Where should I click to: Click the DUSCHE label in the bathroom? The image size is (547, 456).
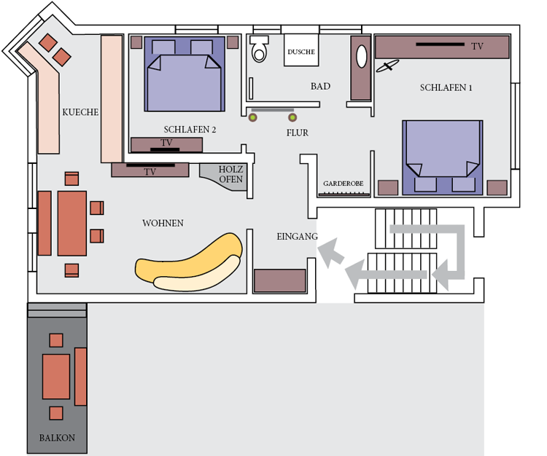click(301, 52)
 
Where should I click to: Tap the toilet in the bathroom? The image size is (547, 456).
click(259, 49)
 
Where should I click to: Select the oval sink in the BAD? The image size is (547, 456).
click(362, 56)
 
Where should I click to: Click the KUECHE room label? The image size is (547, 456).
click(80, 112)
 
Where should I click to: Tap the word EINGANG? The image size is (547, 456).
click(298, 237)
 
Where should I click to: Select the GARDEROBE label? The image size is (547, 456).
click(344, 184)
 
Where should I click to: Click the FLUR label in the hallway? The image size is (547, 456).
click(298, 133)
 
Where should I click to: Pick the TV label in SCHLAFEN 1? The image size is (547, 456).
click(477, 46)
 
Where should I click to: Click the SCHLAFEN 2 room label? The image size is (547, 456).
click(190, 130)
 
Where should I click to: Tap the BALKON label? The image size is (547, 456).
click(57, 438)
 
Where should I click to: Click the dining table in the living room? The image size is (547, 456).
click(72, 224)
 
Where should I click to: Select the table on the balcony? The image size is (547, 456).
click(56, 377)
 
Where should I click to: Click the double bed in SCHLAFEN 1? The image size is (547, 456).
click(443, 157)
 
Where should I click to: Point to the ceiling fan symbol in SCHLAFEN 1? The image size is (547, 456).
click(387, 66)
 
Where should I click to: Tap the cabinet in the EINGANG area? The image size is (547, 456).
click(280, 280)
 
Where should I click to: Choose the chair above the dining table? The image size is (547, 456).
click(71, 178)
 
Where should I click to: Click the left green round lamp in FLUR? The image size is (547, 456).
click(253, 117)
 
